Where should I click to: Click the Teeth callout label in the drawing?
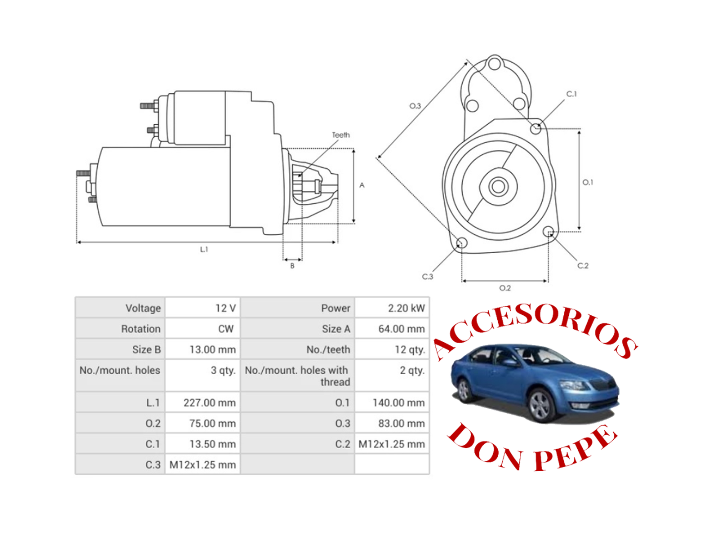pyautogui.click(x=341, y=135)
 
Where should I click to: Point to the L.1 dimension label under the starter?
pyautogui.click(x=204, y=250)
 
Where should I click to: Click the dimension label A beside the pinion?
pyautogui.click(x=362, y=185)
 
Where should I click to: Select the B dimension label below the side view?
pyautogui.click(x=292, y=266)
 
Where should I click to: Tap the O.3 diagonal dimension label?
pyautogui.click(x=415, y=106)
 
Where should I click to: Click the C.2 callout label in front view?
pyautogui.click(x=582, y=266)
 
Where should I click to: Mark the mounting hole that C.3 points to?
pyautogui.click(x=460, y=243)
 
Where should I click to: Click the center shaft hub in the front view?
pyautogui.click(x=498, y=187)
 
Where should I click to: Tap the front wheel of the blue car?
pyautogui.click(x=539, y=405)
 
